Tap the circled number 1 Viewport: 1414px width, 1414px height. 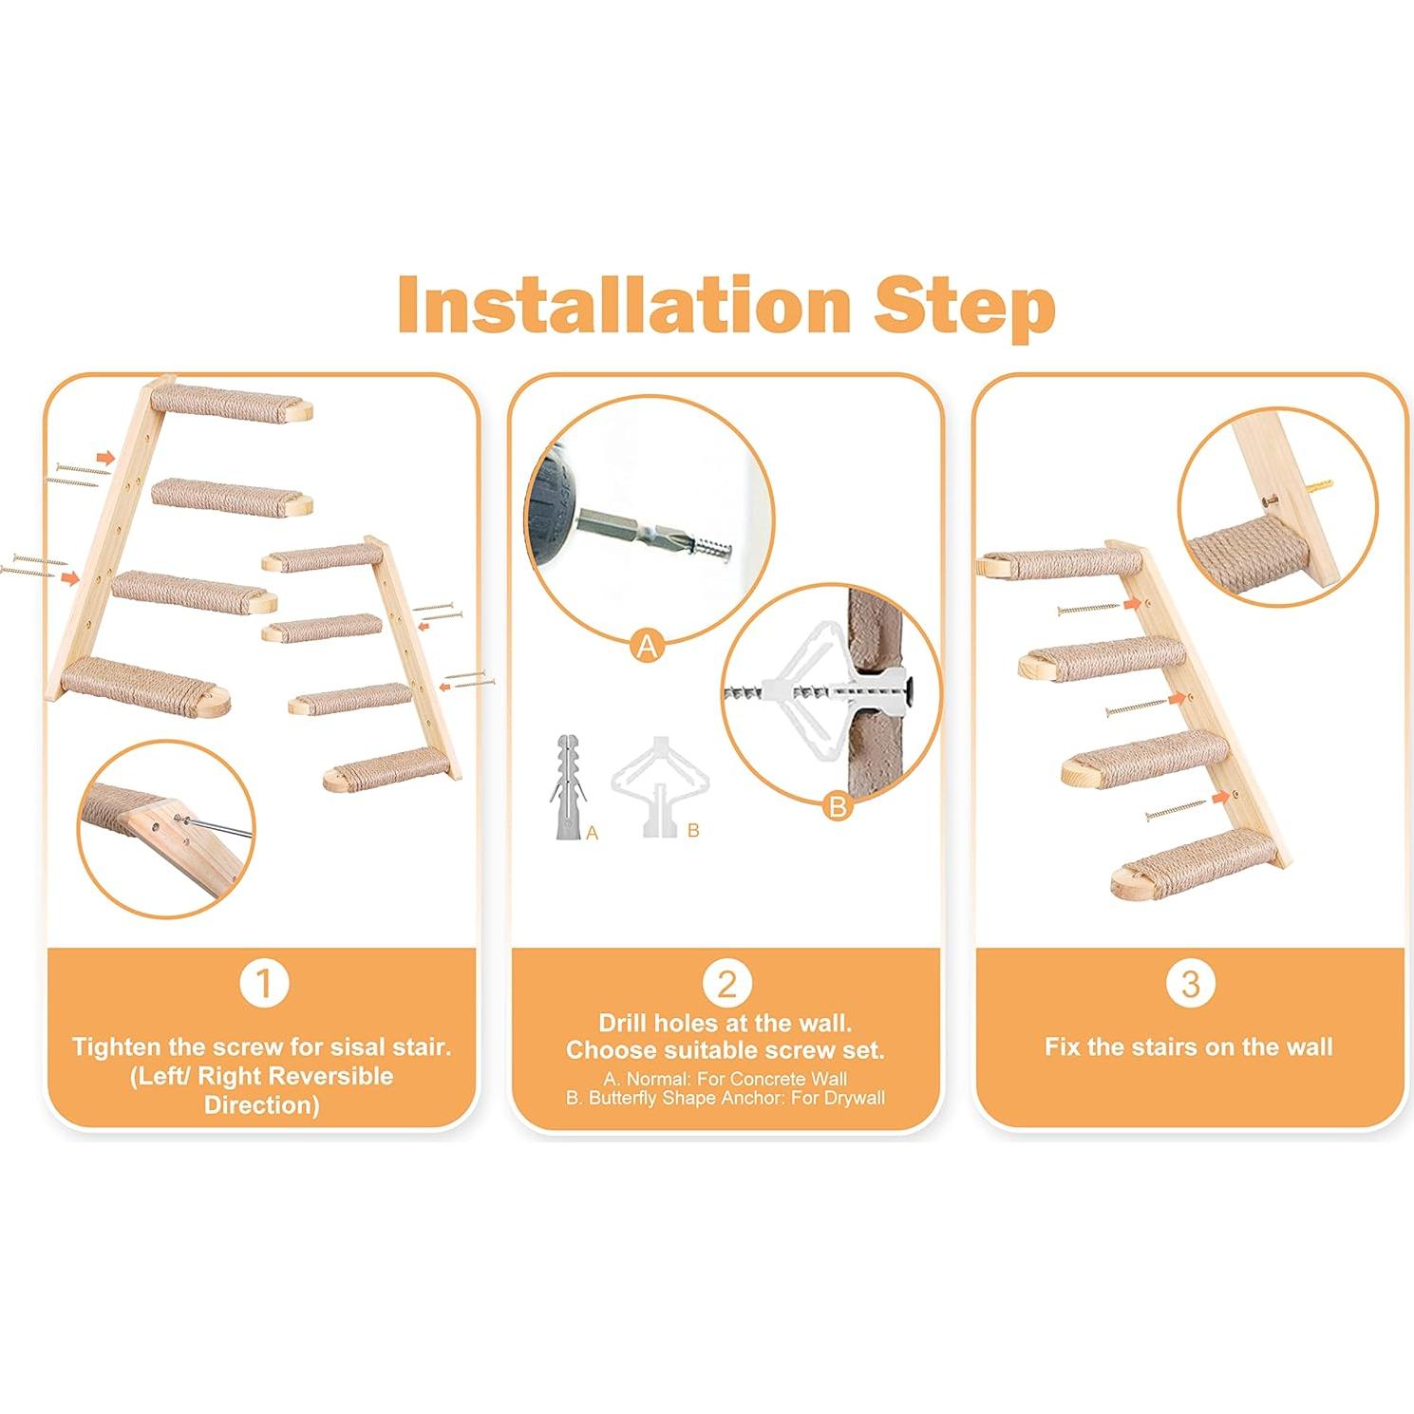pyautogui.click(x=264, y=984)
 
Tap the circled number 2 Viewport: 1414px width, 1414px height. pyautogui.click(x=726, y=984)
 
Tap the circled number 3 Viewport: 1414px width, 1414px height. pyautogui.click(x=1190, y=984)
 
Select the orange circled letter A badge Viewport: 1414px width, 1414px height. pyautogui.click(x=648, y=647)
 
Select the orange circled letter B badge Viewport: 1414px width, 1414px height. pyautogui.click(x=838, y=807)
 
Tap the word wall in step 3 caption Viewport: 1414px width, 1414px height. pyautogui.click(x=1310, y=1047)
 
